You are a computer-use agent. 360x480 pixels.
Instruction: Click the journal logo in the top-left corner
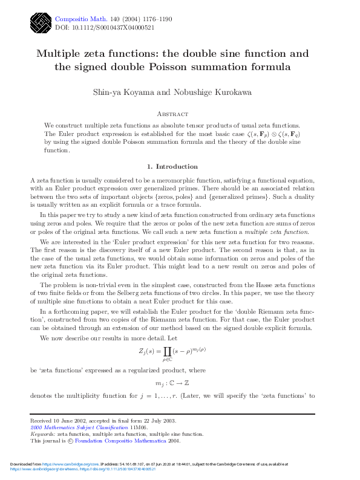(x=40, y=22)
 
